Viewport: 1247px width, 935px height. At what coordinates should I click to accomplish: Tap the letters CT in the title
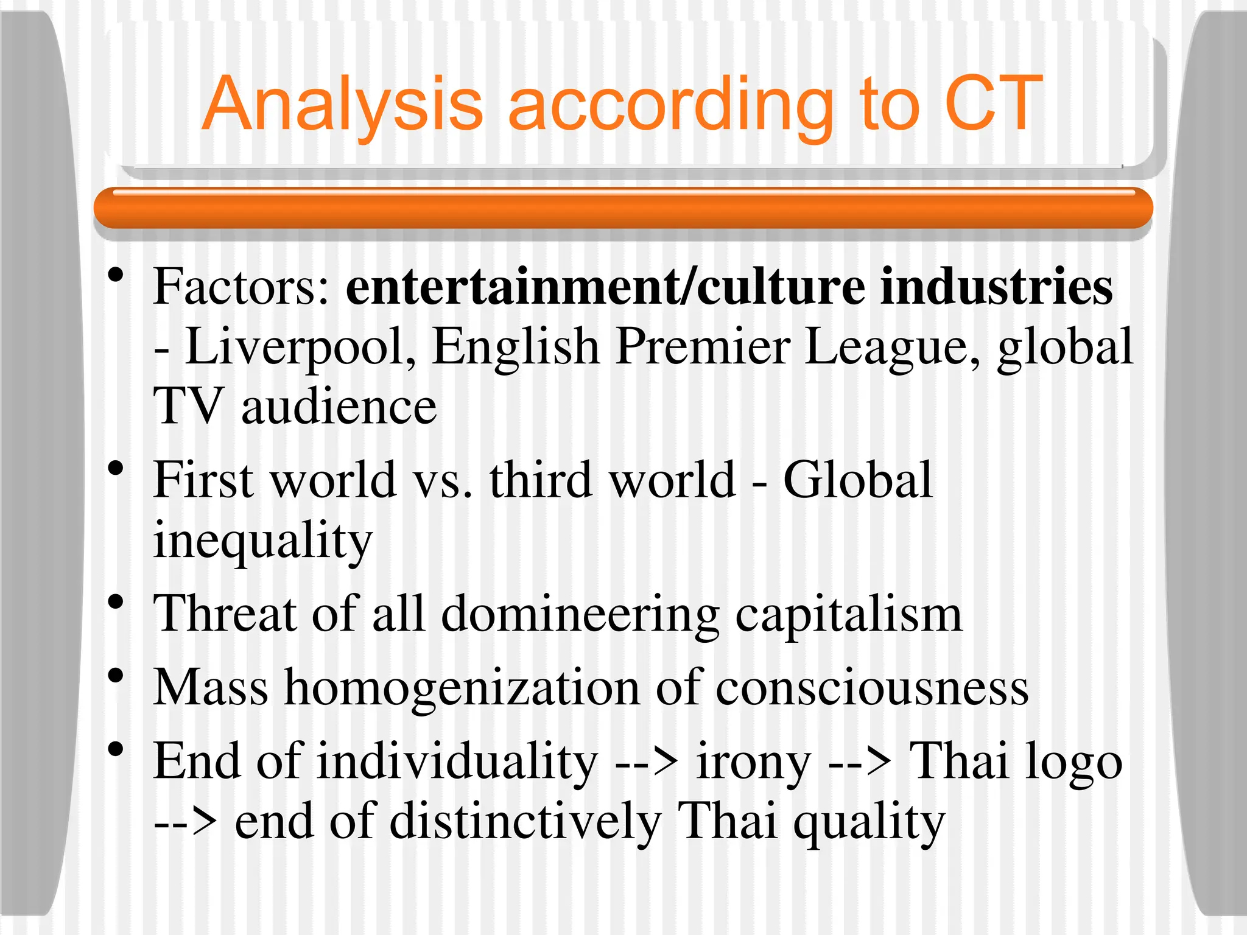point(994,103)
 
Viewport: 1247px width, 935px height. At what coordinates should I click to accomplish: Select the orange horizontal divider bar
point(622,208)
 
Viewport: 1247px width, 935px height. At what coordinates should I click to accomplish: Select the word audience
point(339,406)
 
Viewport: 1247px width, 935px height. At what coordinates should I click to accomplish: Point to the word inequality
point(262,541)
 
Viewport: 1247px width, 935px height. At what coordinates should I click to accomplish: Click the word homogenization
point(462,688)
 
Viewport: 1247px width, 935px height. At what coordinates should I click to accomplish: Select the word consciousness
point(871,688)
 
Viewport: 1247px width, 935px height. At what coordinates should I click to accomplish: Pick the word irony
point(753,763)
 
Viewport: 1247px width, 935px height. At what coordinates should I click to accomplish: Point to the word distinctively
point(525,822)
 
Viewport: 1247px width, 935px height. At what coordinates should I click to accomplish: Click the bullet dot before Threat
point(115,603)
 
